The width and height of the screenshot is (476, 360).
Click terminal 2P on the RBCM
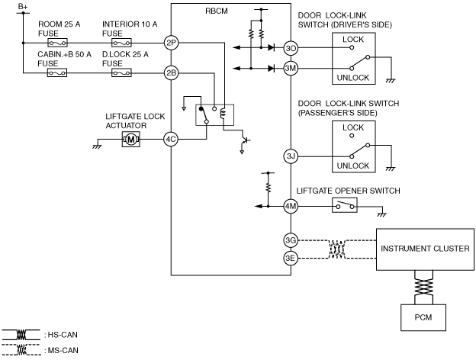171,43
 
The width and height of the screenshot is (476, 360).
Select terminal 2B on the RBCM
171,73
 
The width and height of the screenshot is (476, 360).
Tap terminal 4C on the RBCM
171,140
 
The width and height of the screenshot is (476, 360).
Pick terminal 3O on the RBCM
291,48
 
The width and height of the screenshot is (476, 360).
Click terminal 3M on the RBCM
291,69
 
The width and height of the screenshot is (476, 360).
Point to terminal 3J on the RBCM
291,156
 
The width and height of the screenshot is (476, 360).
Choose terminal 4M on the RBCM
291,207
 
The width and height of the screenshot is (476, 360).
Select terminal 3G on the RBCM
291,240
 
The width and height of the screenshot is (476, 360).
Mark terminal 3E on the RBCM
291,259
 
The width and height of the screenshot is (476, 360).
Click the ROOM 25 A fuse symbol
57,43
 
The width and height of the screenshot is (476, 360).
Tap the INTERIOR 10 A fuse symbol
121,43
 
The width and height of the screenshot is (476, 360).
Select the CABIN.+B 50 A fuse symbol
57,73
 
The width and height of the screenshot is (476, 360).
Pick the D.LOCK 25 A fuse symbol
121,73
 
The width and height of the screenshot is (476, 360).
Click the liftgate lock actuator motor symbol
131,140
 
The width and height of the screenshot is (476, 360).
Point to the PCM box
423,317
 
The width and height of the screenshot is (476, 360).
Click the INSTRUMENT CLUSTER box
425,249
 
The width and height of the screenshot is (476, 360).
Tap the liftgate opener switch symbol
345,205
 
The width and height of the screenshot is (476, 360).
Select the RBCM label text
217,11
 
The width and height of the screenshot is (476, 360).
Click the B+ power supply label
23,7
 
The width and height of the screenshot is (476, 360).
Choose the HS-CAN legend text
63,335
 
